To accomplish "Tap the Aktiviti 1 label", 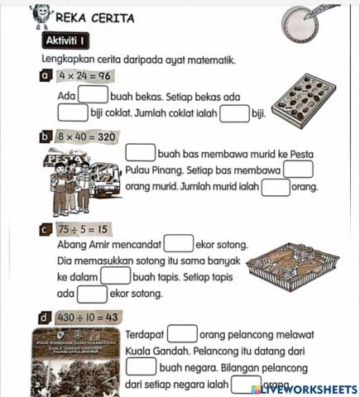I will tap(70, 41).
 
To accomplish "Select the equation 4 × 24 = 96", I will tap(84, 77).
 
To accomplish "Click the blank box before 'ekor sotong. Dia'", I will tap(178, 244).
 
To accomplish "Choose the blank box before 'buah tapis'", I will tap(115, 276).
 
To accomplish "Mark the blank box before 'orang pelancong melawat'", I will tap(182, 334).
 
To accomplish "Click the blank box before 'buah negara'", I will tap(141, 366).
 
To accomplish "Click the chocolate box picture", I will tap(303, 102).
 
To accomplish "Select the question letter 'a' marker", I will tap(46, 77).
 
